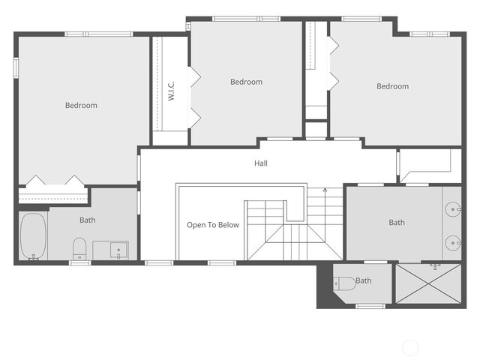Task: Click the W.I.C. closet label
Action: click(x=171, y=92)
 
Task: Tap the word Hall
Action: click(x=260, y=163)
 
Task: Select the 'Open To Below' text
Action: click(x=213, y=225)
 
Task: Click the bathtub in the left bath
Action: click(x=33, y=236)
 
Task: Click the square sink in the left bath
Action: click(x=119, y=250)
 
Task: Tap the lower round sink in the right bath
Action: click(x=454, y=241)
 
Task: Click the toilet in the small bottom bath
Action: click(x=345, y=283)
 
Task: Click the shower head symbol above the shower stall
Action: click(x=436, y=265)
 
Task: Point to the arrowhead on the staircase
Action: click(x=325, y=190)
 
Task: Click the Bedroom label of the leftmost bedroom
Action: click(x=81, y=106)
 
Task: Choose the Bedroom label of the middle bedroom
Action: click(x=246, y=82)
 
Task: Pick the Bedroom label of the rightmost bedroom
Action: click(x=392, y=86)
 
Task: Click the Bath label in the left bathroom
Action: click(x=88, y=220)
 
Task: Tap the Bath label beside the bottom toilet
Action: click(x=364, y=281)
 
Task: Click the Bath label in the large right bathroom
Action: click(x=397, y=223)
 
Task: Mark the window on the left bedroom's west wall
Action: click(x=16, y=67)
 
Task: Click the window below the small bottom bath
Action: click(x=370, y=305)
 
